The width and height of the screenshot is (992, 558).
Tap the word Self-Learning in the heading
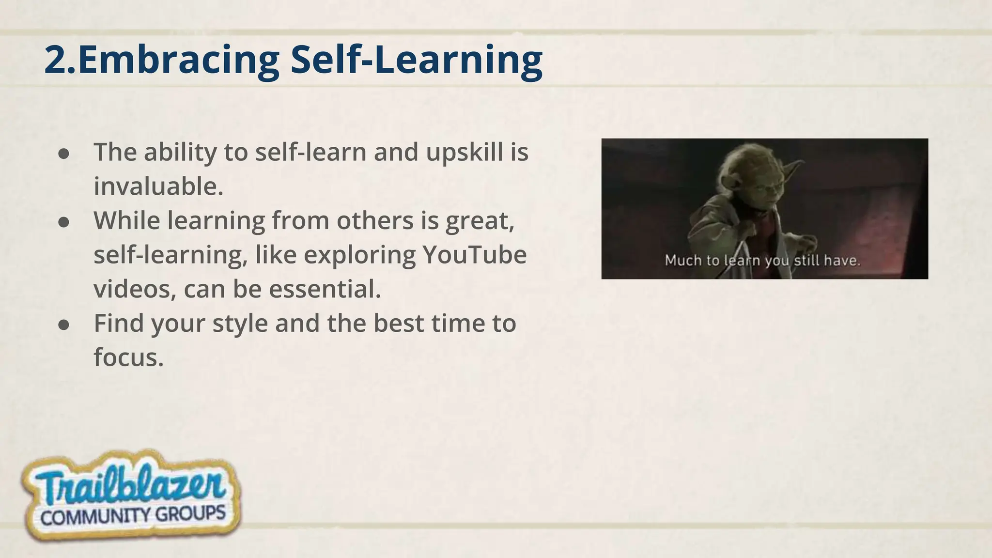click(x=417, y=60)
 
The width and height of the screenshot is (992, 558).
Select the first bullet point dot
click(x=64, y=154)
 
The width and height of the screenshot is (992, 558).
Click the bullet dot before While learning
click(x=64, y=222)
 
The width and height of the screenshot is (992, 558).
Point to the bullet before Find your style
click(x=64, y=325)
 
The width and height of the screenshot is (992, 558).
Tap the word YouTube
click(x=474, y=255)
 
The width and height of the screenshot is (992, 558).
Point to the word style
click(x=240, y=324)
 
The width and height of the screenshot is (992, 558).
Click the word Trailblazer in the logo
click(x=130, y=484)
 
